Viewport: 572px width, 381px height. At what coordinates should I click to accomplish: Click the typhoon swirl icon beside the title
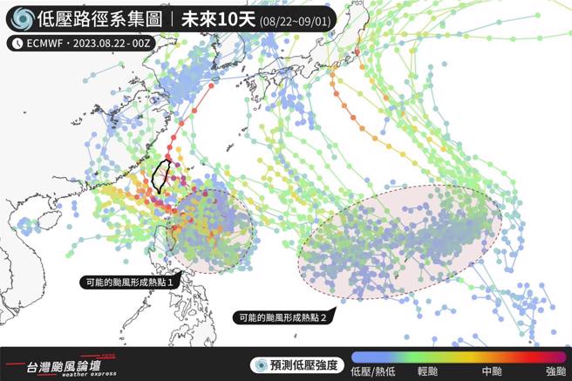(23, 18)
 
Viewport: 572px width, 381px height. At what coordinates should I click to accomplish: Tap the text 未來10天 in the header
(214, 18)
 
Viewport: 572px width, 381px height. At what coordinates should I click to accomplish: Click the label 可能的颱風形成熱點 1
(133, 282)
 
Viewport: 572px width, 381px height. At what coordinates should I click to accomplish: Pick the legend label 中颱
(491, 372)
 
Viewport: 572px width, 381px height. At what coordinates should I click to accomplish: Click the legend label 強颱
(555, 372)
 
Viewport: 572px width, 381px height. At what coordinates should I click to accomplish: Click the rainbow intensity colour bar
(462, 358)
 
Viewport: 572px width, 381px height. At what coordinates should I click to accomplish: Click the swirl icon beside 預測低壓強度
(260, 364)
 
